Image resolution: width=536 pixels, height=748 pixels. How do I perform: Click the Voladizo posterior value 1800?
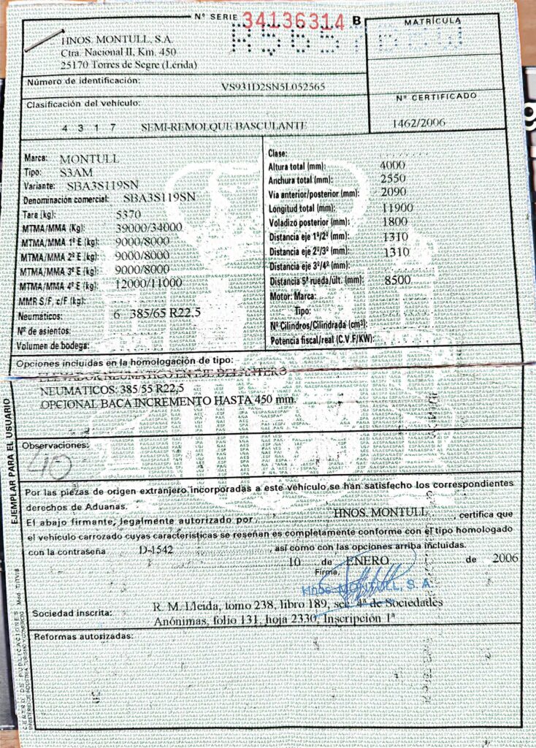pyautogui.click(x=395, y=221)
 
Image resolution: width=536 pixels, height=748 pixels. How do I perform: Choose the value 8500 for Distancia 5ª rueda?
pyautogui.click(x=397, y=279)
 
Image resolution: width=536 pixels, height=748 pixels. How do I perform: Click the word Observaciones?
pyautogui.click(x=54, y=445)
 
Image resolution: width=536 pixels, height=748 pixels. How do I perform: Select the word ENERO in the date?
pyautogui.click(x=362, y=560)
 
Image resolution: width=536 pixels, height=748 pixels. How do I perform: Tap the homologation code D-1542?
pyautogui.click(x=156, y=549)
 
